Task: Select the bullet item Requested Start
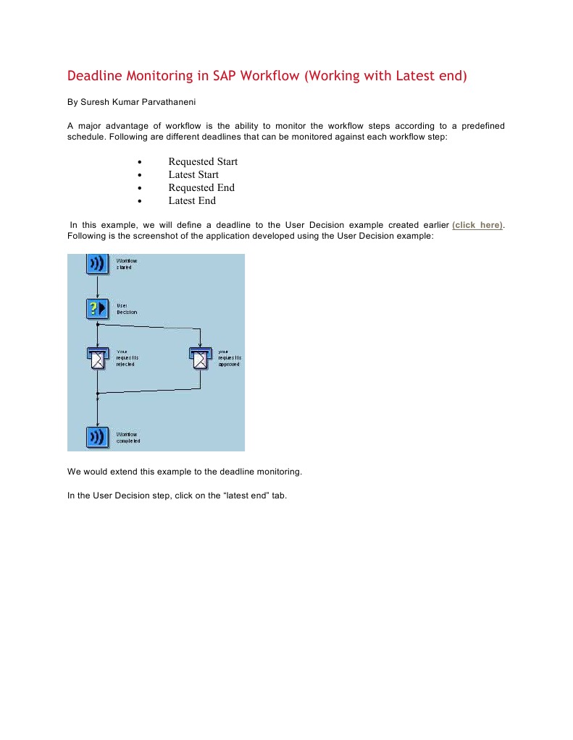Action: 203,161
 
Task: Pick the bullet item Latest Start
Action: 193,174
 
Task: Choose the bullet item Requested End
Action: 201,187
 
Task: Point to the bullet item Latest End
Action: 192,200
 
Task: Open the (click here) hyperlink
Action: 477,225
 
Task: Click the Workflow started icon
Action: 97,263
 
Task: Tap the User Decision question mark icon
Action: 97,309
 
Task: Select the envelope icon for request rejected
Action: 97,358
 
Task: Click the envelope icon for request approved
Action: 199,358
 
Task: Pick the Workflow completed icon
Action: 97,437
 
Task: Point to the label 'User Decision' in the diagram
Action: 127,309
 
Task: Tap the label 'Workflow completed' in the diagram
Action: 128,437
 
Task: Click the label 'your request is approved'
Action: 230,358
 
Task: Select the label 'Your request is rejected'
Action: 127,358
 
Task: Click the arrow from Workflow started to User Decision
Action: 97,286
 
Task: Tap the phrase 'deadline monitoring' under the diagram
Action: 262,472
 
